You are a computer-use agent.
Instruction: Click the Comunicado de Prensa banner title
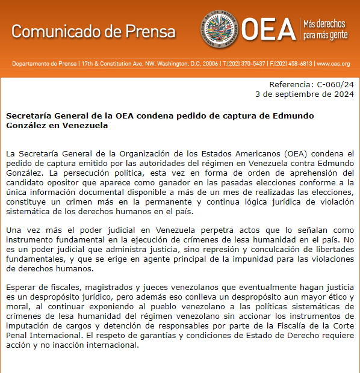[x=93, y=31]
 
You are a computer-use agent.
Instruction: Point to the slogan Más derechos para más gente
[x=325, y=28]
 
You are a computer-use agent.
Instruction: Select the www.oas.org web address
[x=333, y=64]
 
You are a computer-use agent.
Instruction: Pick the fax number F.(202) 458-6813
[x=291, y=64]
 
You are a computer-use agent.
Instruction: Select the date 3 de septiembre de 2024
[x=305, y=94]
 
